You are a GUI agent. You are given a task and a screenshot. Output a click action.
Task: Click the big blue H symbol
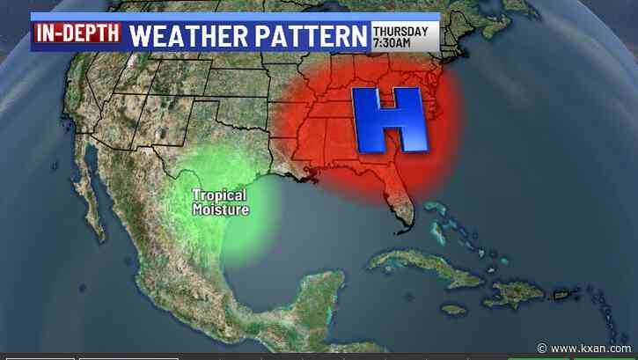[392, 119]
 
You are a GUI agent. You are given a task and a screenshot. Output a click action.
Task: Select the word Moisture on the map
[221, 209]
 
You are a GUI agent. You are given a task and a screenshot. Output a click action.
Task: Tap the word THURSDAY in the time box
[400, 32]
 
